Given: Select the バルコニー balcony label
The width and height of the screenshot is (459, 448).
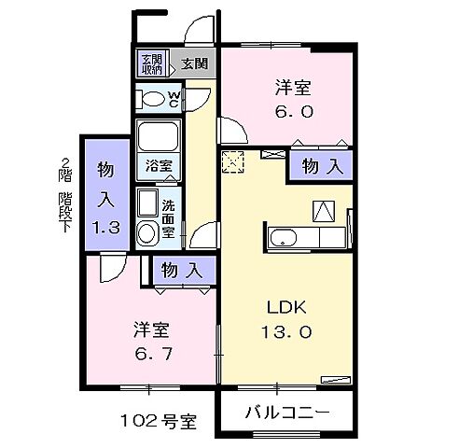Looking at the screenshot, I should (x=287, y=412).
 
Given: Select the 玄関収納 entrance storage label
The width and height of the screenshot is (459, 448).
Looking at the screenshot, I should (x=151, y=64).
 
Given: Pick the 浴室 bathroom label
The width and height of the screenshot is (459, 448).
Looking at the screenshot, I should (x=159, y=165).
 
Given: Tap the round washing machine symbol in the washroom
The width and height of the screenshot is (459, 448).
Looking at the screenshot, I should (x=147, y=233).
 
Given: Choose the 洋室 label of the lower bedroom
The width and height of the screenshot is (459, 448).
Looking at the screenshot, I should (x=150, y=330).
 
